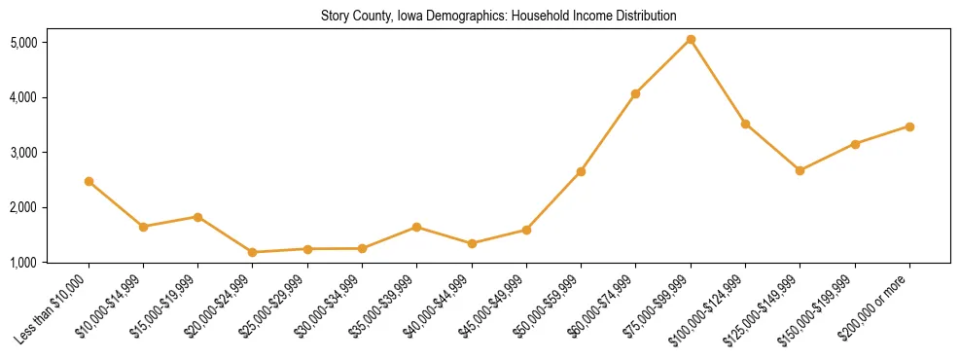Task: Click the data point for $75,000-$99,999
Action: tap(691, 39)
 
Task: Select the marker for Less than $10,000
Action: tap(89, 181)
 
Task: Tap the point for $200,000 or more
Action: tap(909, 126)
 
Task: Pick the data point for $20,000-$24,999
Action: tap(253, 252)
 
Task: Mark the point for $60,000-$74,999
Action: tap(636, 93)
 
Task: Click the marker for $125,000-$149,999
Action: tap(800, 170)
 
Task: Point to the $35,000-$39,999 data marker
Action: tap(417, 227)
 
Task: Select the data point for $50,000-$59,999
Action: tap(581, 171)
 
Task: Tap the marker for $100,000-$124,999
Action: tap(745, 124)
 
